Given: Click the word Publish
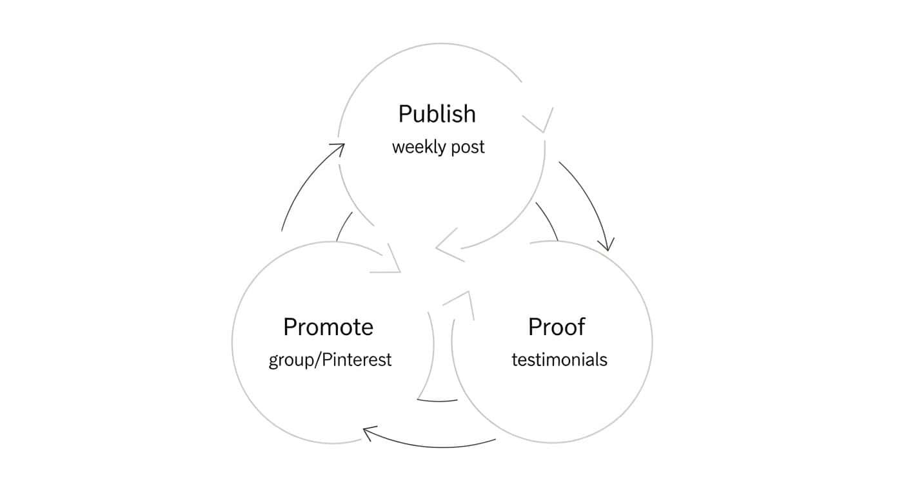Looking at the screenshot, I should [x=437, y=114].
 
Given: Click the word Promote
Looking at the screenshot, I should [x=328, y=327].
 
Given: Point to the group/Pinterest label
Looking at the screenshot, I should [x=330, y=359].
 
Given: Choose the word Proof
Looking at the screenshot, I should [x=556, y=327].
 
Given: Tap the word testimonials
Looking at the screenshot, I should [x=559, y=359].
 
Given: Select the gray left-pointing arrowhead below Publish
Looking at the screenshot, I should [x=448, y=246].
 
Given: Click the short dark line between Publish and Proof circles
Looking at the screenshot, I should [x=548, y=221].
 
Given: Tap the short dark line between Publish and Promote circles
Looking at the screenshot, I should [x=344, y=226].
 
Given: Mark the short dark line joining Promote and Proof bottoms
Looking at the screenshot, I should [x=437, y=400].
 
